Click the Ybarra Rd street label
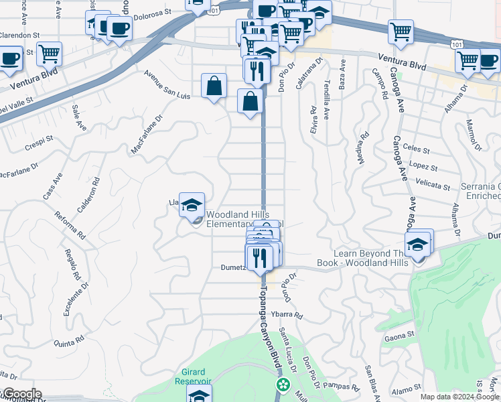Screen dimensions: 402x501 pos(289,315)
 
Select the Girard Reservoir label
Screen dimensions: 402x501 pos(196,377)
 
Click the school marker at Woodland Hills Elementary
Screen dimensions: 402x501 pos(192,204)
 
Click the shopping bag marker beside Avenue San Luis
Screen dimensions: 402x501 pos(214,86)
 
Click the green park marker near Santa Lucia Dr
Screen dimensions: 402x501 pos(283,385)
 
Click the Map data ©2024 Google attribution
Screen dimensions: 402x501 pos(459,397)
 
